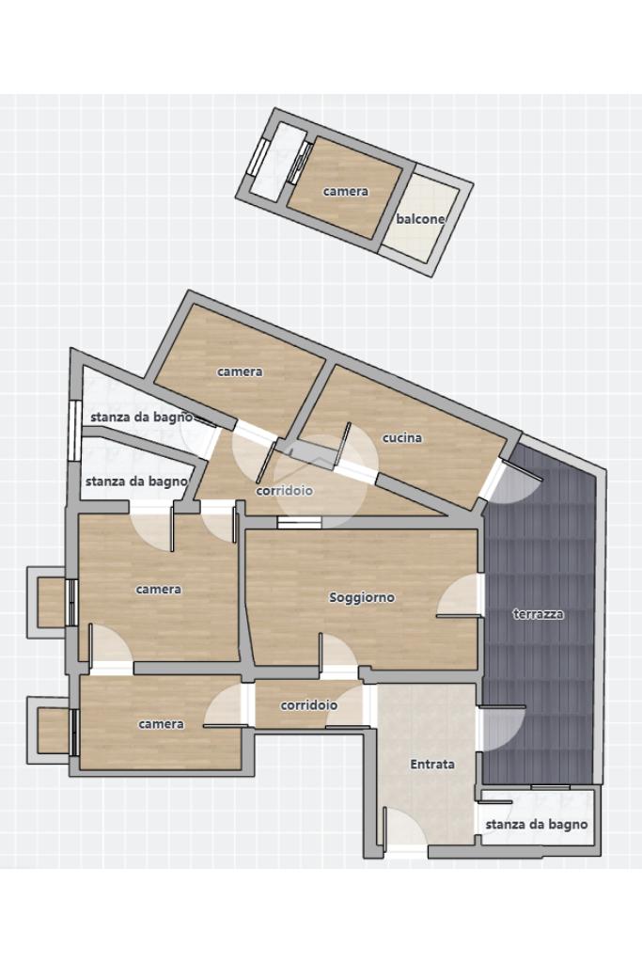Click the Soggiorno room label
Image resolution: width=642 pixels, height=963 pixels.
362,597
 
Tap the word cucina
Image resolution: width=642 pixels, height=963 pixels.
402,438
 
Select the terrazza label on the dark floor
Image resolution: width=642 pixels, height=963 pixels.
539,613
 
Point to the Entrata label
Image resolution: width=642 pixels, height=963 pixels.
432,764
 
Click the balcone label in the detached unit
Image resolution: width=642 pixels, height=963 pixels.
420,219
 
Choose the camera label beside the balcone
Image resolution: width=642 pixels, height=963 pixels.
346,192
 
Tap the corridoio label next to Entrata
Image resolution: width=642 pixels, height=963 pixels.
308,705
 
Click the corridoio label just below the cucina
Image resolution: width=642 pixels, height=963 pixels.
284,491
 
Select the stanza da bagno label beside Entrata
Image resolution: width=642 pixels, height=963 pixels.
537,825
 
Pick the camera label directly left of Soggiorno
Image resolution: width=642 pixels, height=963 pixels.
158,590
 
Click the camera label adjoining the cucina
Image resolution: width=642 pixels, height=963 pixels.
240,371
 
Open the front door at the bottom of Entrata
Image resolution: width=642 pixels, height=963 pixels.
405,829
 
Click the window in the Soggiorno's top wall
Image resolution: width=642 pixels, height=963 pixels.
299,523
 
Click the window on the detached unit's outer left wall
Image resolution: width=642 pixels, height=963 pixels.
258,156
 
